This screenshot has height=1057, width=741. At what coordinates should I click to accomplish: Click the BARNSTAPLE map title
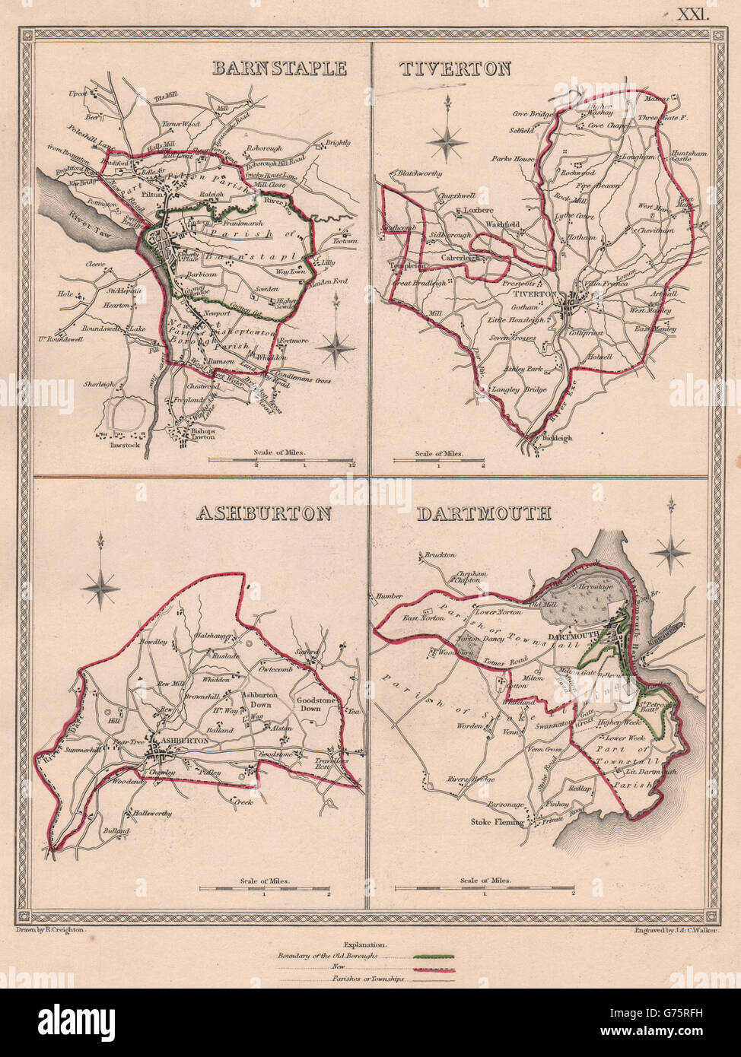(280, 68)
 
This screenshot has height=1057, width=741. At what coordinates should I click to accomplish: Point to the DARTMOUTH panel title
(483, 513)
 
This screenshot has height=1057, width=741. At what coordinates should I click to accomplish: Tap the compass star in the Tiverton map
(447, 140)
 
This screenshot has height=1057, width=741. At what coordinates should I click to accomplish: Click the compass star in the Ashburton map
(100, 586)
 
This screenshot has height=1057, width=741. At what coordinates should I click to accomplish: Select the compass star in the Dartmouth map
(670, 551)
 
